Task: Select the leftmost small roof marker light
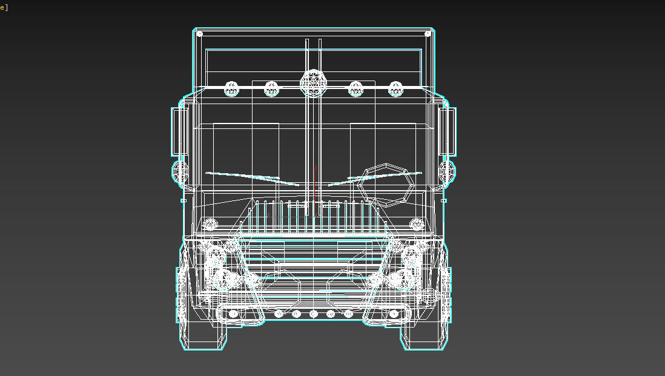click(x=232, y=89)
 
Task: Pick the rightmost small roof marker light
click(x=396, y=89)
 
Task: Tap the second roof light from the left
click(x=272, y=89)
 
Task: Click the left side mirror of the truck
click(x=178, y=131)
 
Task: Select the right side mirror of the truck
click(x=449, y=131)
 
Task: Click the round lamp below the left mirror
click(x=180, y=173)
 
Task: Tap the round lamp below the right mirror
click(x=448, y=172)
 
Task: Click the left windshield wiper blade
click(x=251, y=177)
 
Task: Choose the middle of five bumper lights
click(x=313, y=314)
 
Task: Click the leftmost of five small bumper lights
click(x=279, y=314)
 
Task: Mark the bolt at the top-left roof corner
click(x=199, y=34)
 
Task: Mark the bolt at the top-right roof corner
click(x=428, y=34)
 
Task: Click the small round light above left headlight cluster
click(x=210, y=224)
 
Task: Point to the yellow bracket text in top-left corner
click(x=4, y=7)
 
